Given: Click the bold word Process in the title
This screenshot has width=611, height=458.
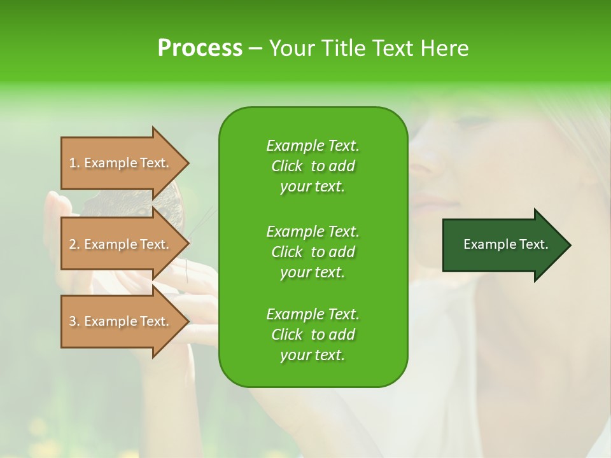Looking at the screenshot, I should point(200,48).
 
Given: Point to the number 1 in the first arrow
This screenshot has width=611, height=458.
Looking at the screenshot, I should point(73,163).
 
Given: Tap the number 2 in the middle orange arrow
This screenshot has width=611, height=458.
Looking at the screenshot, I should point(73,244).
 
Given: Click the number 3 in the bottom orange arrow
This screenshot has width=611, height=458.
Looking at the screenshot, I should point(73,321).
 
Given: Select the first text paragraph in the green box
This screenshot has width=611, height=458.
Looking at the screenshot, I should point(313,166).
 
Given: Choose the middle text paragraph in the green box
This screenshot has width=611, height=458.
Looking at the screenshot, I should point(313,252).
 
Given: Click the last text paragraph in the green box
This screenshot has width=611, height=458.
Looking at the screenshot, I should point(313,335).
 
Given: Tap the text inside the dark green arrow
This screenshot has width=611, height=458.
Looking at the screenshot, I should point(506,245).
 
